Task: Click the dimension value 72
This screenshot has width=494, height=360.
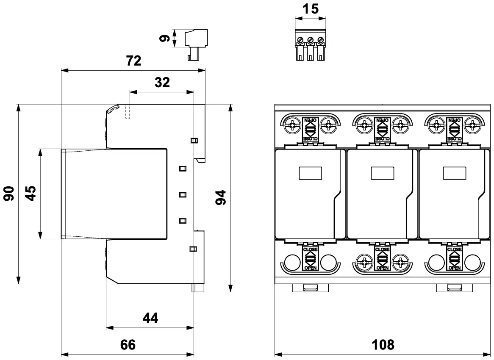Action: coord(133,61)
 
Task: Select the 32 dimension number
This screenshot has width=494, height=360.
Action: coord(162,82)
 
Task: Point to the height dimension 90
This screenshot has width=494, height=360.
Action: coord(9,194)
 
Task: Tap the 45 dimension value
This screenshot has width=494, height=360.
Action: coord(30,194)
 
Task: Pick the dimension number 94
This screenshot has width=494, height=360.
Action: coord(220,198)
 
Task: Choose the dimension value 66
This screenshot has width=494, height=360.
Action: coord(128,344)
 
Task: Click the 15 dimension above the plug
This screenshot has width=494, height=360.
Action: coord(311,9)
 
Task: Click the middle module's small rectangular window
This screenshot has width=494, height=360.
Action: coord(383,173)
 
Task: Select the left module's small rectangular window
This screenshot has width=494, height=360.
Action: coord(311,173)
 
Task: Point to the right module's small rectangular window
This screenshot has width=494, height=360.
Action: coord(454,173)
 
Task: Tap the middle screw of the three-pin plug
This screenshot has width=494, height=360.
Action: coord(311,40)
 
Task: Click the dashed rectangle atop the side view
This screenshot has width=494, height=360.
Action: coord(128,112)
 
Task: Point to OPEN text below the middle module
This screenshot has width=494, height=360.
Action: coord(383,268)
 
